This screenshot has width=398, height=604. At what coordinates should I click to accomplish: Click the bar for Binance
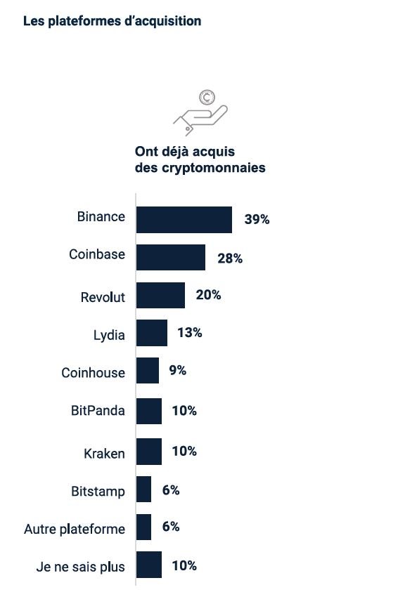[184, 220]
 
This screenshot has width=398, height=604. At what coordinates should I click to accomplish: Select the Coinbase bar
[170, 258]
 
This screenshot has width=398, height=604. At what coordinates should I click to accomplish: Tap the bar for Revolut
[160, 296]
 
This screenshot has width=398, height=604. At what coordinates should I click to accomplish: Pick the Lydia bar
[151, 333]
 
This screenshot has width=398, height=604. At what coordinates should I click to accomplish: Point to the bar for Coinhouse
[147, 371]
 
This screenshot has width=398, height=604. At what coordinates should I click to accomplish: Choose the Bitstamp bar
[143, 489]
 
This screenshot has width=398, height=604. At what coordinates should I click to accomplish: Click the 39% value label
[257, 219]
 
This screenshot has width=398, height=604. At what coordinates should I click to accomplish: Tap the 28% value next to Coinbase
[230, 258]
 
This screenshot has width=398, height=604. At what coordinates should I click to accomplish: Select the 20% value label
[208, 295]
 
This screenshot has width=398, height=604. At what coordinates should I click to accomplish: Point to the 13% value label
[190, 333]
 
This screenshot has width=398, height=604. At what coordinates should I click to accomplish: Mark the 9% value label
[177, 370]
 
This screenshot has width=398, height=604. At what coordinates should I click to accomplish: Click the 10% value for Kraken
[184, 451]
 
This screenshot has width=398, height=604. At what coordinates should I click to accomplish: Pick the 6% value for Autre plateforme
[171, 526]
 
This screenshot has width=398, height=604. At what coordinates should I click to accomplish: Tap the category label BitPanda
[98, 411]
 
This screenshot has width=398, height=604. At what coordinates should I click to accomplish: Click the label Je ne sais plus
[80, 567]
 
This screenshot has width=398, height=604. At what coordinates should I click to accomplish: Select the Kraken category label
[104, 454]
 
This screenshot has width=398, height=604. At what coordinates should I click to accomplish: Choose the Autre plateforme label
[75, 529]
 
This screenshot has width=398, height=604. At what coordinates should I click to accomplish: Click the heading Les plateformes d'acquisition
[113, 21]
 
